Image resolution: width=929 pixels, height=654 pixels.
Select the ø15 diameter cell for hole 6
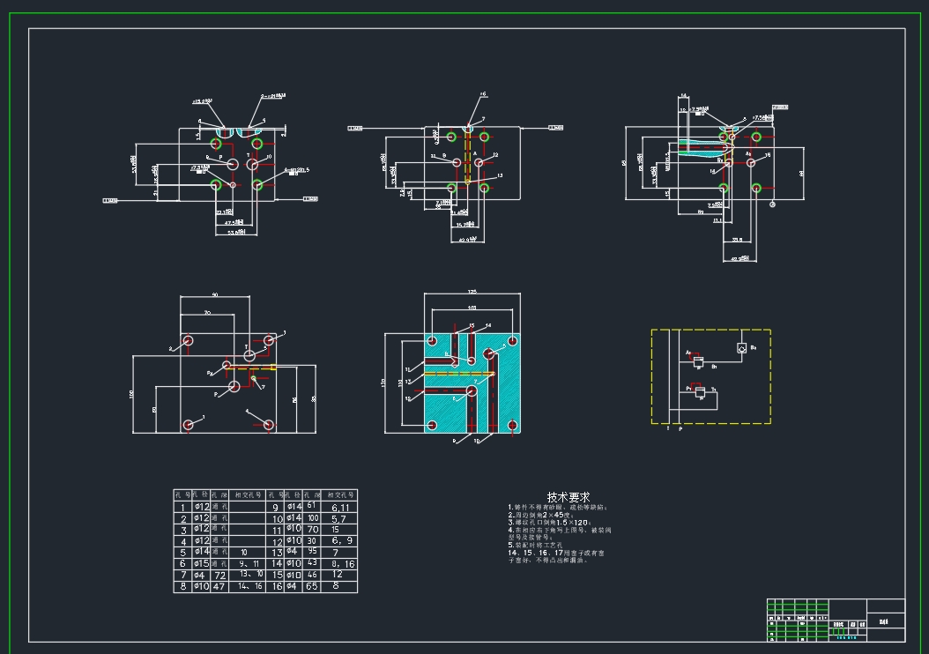201,563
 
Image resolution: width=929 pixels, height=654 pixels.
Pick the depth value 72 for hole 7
219,575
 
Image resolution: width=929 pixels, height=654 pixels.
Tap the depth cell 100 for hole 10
312,518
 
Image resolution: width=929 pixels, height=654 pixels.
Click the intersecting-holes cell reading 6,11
341,508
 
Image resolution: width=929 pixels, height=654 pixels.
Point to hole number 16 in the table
276,586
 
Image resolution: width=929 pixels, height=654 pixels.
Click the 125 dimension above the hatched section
472,292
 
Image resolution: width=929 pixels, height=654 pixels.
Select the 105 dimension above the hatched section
472,308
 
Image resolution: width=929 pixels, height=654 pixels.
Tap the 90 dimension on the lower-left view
215,295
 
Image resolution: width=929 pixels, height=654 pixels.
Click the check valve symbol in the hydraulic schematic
742,348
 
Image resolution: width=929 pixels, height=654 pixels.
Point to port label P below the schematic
680,429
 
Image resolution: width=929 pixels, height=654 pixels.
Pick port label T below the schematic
668,429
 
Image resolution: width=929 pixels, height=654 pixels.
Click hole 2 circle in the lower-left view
188,341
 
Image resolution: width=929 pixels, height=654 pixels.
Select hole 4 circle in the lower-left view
269,425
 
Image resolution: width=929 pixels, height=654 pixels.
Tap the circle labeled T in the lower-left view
250,355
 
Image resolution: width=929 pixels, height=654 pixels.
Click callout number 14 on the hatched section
488,326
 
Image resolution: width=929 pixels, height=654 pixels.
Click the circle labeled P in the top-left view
233,165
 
